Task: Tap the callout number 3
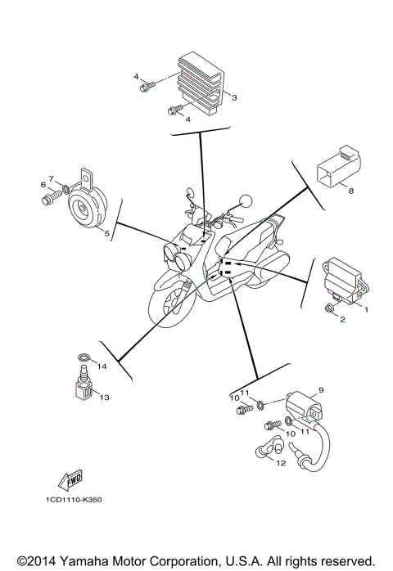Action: pyautogui.click(x=234, y=97)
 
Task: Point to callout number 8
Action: pyautogui.click(x=350, y=191)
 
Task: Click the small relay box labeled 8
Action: pyautogui.click(x=336, y=169)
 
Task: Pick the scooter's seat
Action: pyautogui.click(x=260, y=237)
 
